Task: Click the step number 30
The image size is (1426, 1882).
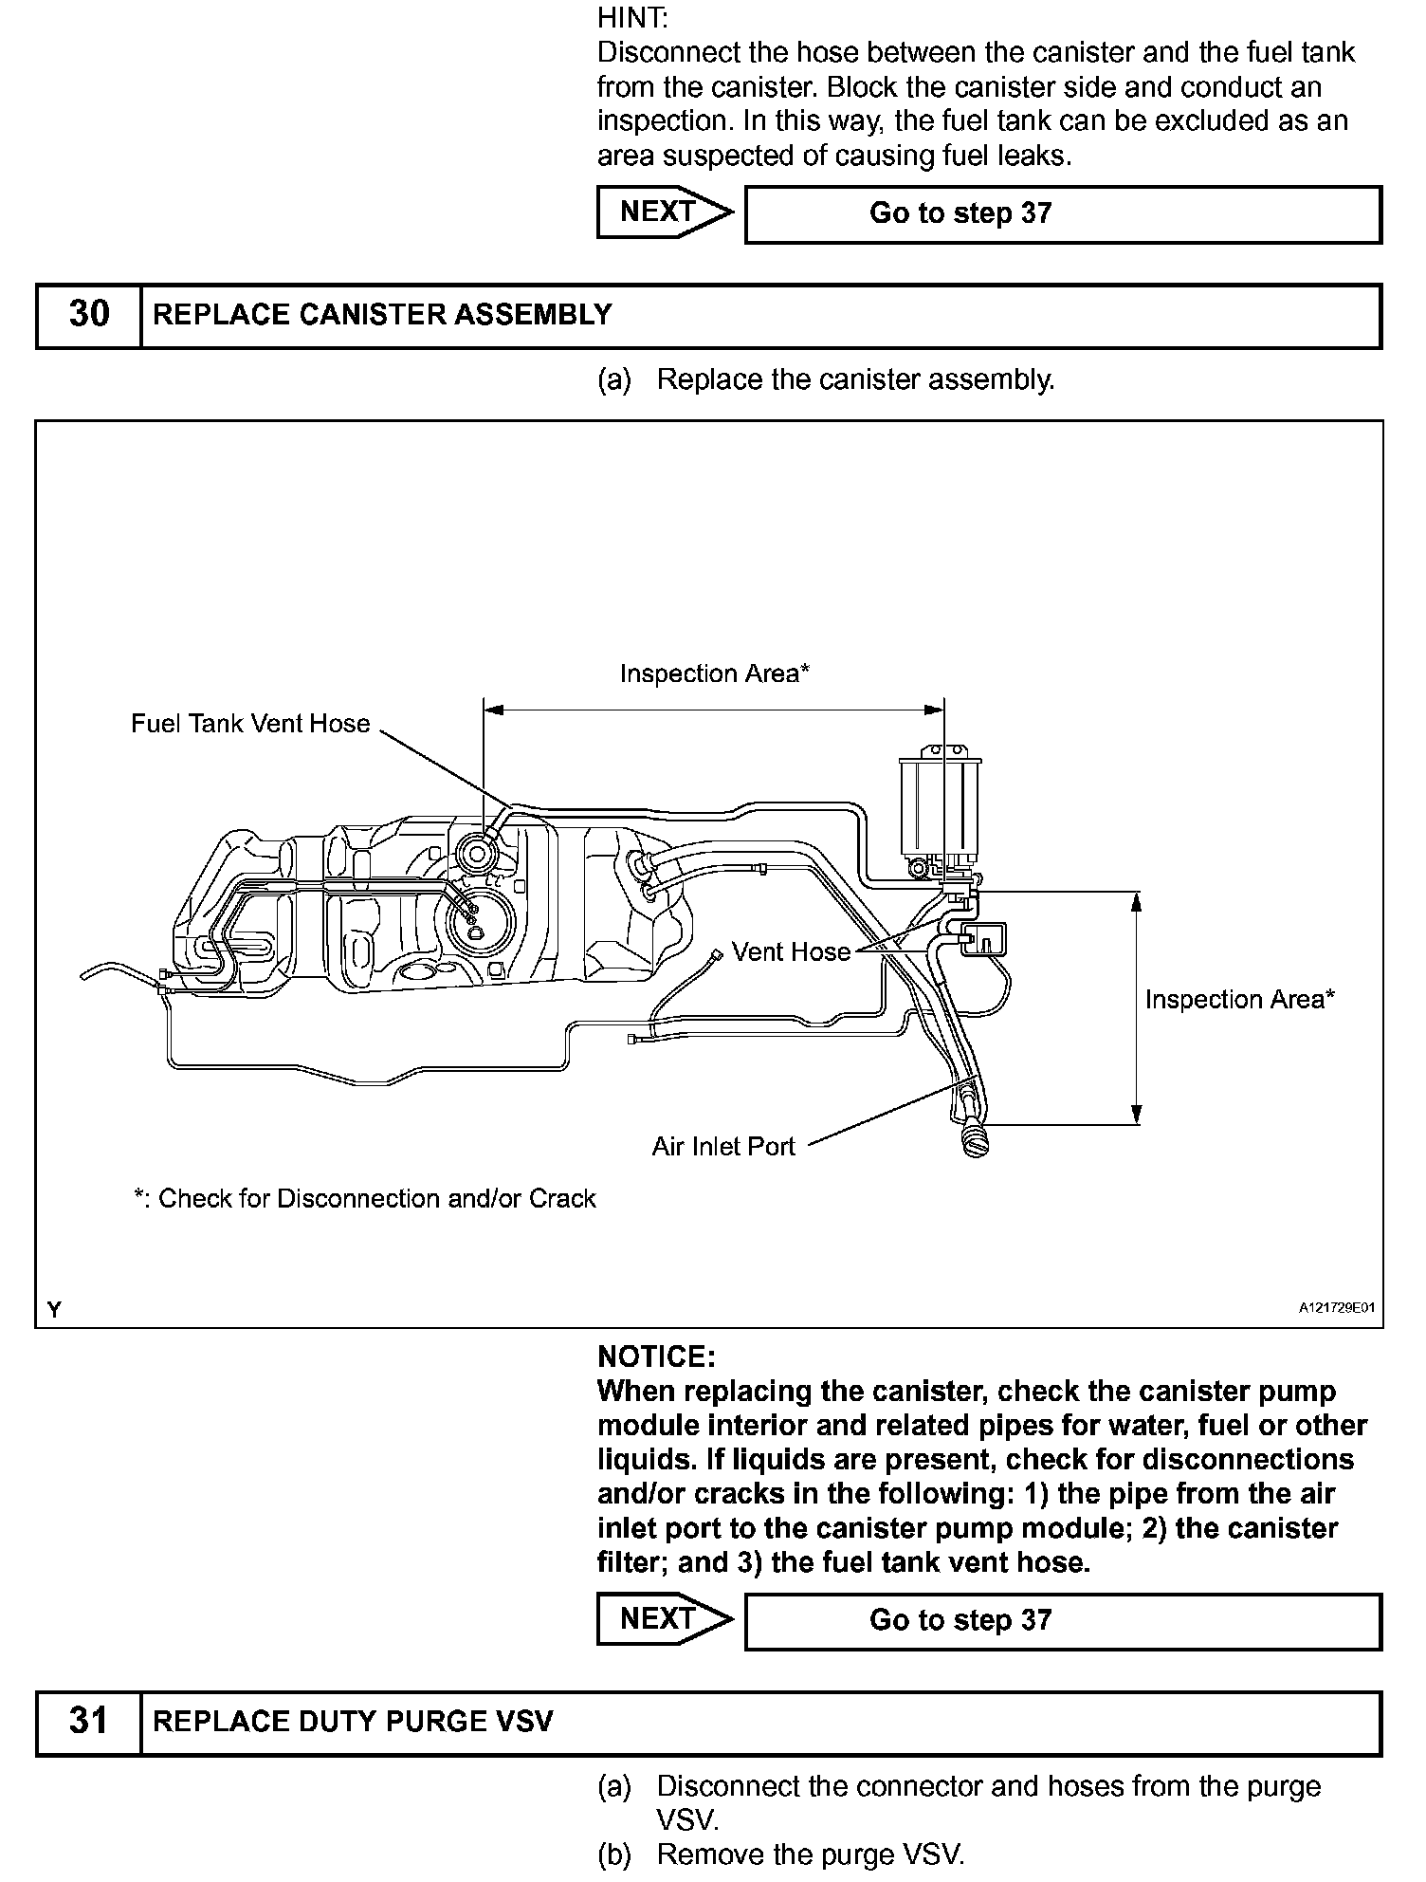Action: (89, 314)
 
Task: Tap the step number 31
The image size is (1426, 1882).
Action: (89, 1722)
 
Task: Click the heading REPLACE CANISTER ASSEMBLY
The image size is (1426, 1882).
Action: (382, 315)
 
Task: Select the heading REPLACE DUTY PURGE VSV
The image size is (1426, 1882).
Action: (353, 1722)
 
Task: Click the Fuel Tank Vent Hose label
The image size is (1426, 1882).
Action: (250, 724)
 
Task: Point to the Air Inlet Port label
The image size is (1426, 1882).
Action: (723, 1147)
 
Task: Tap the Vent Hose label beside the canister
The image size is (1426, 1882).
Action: (791, 951)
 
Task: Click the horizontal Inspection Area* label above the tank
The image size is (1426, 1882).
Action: (715, 673)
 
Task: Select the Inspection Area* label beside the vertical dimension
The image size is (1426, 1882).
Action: (1239, 999)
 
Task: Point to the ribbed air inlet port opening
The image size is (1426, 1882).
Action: (974, 1138)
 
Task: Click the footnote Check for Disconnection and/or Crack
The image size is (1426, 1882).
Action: (365, 1199)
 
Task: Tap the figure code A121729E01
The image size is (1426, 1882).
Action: (1336, 1308)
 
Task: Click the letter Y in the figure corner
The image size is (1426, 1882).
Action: (55, 1310)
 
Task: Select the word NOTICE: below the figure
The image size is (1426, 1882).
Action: (656, 1356)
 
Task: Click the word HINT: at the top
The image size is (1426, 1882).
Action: (632, 17)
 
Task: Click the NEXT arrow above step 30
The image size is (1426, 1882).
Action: (664, 212)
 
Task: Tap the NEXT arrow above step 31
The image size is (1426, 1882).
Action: (664, 1619)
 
